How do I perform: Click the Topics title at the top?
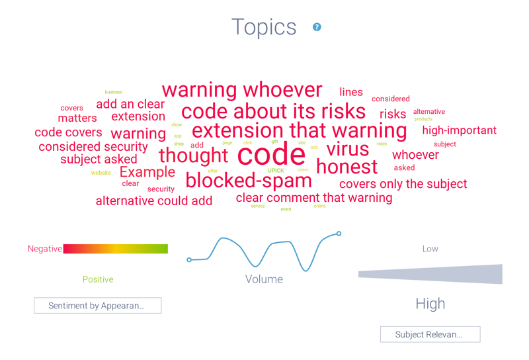(264, 27)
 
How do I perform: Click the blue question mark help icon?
(317, 27)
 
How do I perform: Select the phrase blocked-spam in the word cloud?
(248, 180)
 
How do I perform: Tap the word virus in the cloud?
(347, 149)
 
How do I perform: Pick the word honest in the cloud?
(346, 167)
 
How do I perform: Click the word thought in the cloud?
(193, 156)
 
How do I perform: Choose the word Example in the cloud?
(147, 172)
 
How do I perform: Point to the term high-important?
(459, 130)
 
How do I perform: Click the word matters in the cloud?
(77, 118)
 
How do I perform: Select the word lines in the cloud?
(351, 92)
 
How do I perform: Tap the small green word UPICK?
(276, 171)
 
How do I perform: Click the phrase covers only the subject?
(403, 184)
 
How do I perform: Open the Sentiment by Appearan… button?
(97, 306)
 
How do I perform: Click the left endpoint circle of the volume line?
(189, 260)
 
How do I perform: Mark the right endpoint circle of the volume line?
(339, 234)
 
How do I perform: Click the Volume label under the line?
(264, 279)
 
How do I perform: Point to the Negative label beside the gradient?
(44, 249)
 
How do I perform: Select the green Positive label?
(98, 279)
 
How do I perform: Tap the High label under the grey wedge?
(430, 304)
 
